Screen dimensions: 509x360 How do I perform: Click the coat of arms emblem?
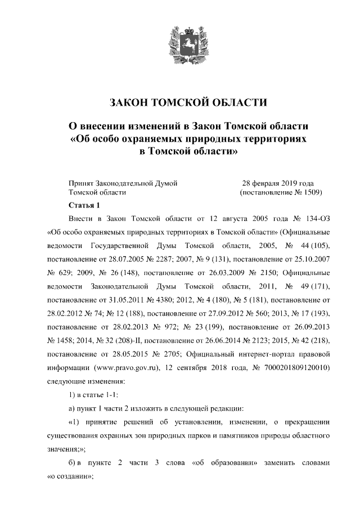tap(179, 43)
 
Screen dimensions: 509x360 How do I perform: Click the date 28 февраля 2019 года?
tap(278, 183)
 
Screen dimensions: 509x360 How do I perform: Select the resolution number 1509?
tap(312, 192)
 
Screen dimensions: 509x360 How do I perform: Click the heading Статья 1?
tap(83, 205)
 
